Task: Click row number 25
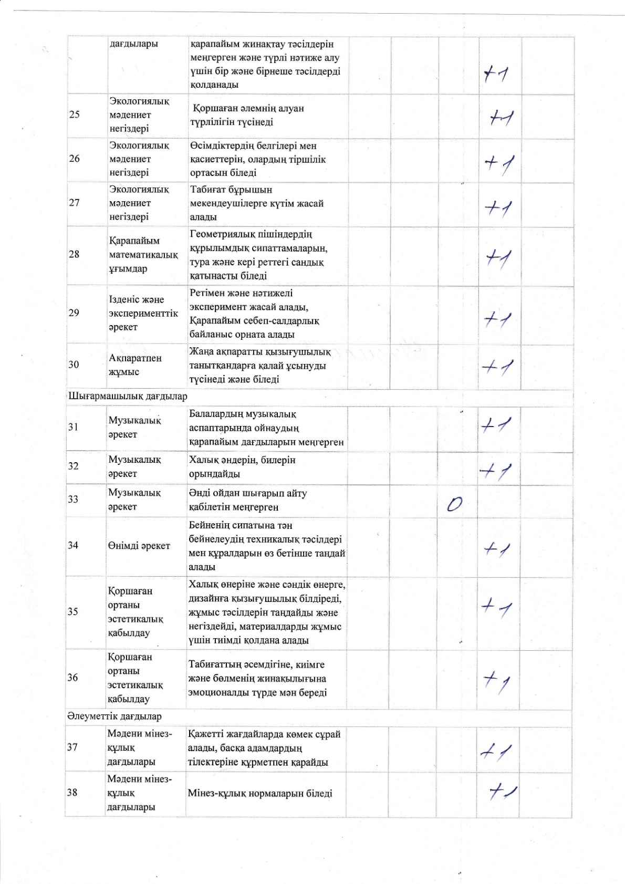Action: click(x=74, y=115)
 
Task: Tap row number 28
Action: click(x=74, y=254)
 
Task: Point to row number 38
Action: click(x=72, y=793)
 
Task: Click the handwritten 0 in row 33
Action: click(x=454, y=505)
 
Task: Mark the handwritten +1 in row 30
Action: click(x=497, y=367)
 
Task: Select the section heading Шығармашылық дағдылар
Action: click(x=128, y=396)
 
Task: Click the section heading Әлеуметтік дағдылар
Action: click(x=114, y=716)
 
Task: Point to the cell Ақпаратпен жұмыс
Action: click(x=135, y=365)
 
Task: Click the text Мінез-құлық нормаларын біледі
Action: click(x=260, y=793)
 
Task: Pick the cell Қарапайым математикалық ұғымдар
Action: click(x=143, y=255)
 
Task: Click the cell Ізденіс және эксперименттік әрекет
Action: click(x=143, y=313)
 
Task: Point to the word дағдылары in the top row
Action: click(x=134, y=44)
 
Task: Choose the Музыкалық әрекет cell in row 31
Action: click(x=134, y=428)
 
